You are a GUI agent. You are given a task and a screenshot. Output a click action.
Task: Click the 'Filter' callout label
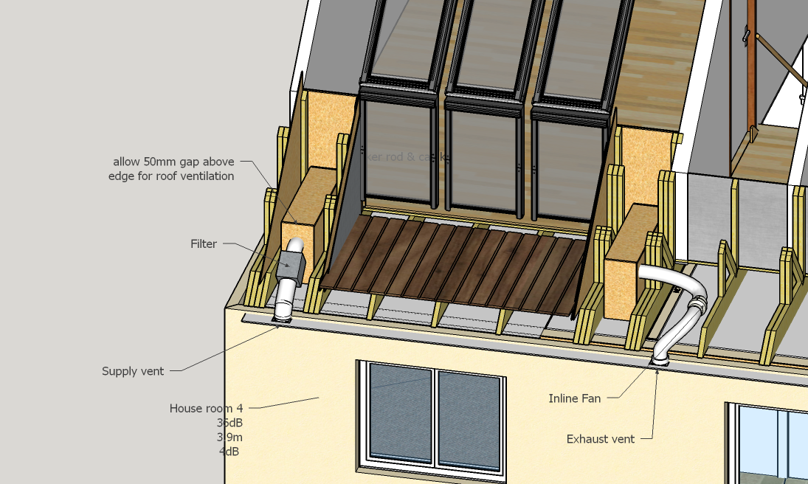click(x=203, y=244)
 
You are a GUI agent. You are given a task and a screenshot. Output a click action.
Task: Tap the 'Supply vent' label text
click(x=133, y=371)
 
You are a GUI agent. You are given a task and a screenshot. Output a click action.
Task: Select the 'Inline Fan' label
click(x=574, y=398)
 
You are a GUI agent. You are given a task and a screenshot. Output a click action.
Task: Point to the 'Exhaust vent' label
click(x=600, y=439)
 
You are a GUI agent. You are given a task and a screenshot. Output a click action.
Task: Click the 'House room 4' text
click(x=206, y=408)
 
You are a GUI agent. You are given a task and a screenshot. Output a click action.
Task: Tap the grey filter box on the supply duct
click(x=290, y=263)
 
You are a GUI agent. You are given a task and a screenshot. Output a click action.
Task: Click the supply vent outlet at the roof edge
click(x=282, y=317)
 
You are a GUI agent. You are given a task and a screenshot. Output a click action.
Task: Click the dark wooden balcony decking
click(x=450, y=262)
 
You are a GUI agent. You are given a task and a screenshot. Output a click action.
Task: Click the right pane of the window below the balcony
click(x=469, y=415)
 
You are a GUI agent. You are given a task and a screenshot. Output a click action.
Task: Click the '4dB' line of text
click(x=229, y=452)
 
